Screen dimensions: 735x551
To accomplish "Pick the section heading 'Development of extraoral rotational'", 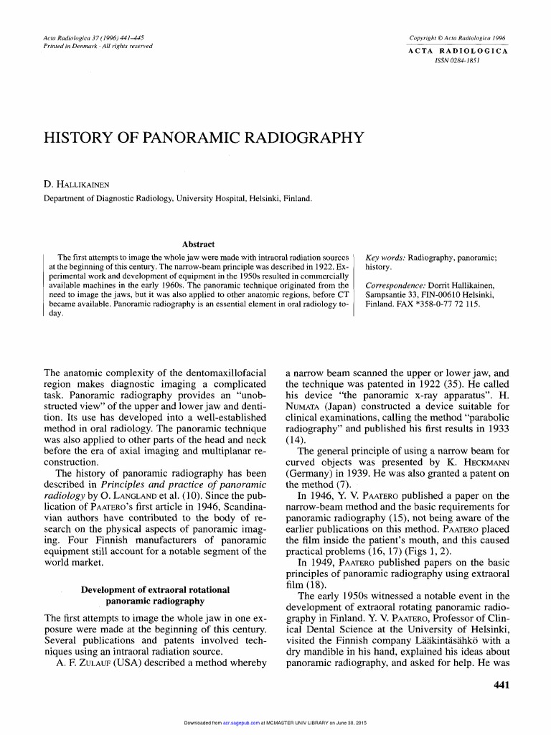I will (x=155, y=589).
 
